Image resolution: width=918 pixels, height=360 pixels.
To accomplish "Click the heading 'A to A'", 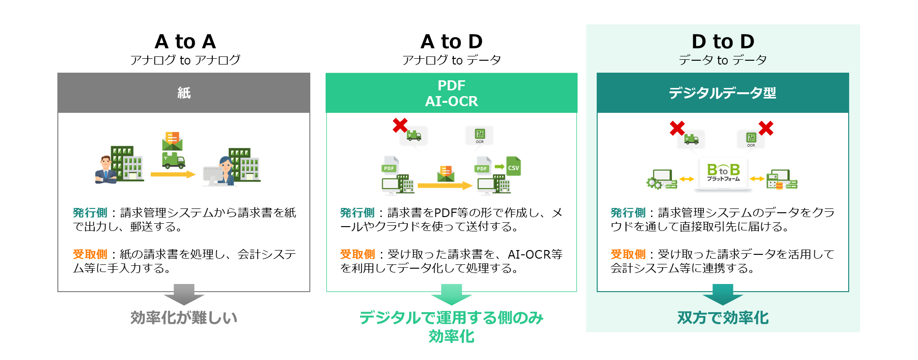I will (x=185, y=42).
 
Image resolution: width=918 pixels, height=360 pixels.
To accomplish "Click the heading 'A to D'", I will (x=451, y=42).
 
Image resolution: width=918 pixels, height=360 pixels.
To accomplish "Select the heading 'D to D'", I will (x=722, y=42).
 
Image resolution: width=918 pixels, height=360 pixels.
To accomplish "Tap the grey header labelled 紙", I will (x=184, y=93).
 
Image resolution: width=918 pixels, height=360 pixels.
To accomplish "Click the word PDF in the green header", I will (x=451, y=86).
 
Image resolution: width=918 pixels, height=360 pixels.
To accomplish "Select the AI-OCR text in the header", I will (x=451, y=101).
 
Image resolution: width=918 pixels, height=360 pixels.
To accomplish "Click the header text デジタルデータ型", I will (x=722, y=93).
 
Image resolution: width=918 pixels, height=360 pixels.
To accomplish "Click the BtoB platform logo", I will (x=723, y=173).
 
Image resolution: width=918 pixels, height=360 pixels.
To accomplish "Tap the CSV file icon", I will (x=513, y=167).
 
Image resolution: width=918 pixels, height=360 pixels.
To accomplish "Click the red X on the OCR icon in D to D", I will (x=765, y=128).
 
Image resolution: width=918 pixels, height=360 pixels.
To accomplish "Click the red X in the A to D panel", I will (x=400, y=125).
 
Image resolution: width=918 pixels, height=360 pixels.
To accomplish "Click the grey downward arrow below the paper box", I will (x=184, y=294).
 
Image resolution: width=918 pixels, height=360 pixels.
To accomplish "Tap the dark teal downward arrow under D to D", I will (x=722, y=294).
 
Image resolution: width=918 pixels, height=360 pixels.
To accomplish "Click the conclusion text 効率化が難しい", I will (x=184, y=317).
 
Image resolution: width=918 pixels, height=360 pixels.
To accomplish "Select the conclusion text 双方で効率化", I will (x=722, y=317).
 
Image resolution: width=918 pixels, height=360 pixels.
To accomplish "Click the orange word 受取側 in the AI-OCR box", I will (x=357, y=254).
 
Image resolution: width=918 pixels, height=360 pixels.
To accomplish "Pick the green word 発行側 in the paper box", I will (x=90, y=213).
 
